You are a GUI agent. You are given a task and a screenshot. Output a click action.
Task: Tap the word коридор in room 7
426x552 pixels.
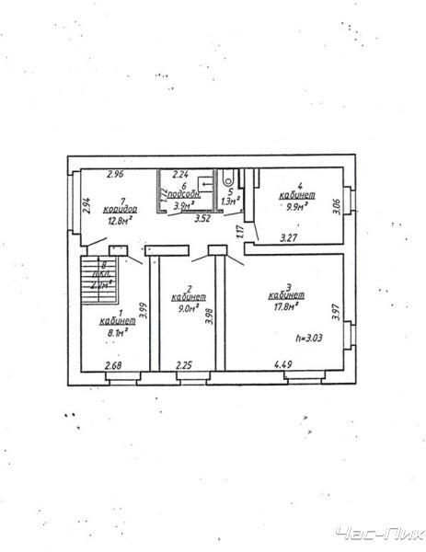(x=117, y=209)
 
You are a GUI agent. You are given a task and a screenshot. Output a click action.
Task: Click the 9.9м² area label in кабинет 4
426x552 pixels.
(x=299, y=208)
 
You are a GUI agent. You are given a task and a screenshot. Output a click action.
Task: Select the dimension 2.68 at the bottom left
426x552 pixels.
(x=113, y=366)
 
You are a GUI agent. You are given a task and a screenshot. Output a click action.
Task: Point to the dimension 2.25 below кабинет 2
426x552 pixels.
(x=184, y=366)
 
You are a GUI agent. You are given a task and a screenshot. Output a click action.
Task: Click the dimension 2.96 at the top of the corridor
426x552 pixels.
(x=114, y=173)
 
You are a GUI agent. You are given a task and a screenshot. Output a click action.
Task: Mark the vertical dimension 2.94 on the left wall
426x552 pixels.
(x=86, y=207)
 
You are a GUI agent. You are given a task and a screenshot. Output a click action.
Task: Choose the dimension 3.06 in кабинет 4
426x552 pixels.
(x=336, y=207)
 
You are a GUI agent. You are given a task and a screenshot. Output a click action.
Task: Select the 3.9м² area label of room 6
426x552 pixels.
(x=184, y=206)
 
